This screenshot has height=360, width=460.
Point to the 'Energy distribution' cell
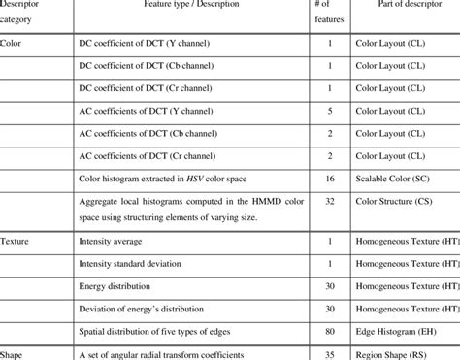click(x=115, y=285)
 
